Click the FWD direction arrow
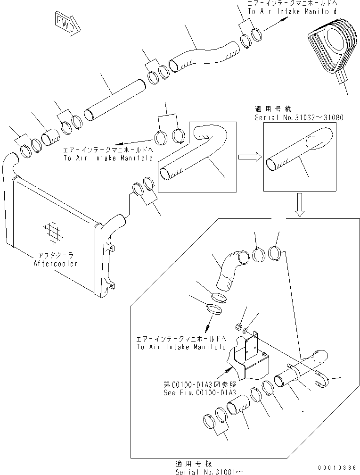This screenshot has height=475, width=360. tap(68, 24)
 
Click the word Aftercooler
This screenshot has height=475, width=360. tap(55, 264)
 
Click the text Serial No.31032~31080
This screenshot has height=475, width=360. tap(299, 117)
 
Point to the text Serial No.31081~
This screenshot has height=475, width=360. tap(209, 472)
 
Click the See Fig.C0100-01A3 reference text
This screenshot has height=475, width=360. tap(200, 392)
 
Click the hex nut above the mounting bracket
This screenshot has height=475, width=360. tap(238, 326)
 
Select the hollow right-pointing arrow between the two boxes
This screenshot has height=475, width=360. tap(250, 157)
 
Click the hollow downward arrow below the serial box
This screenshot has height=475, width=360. tap(300, 205)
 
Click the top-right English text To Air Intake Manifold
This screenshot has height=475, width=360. tap(292, 11)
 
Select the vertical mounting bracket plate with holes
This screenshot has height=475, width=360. tap(252, 346)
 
